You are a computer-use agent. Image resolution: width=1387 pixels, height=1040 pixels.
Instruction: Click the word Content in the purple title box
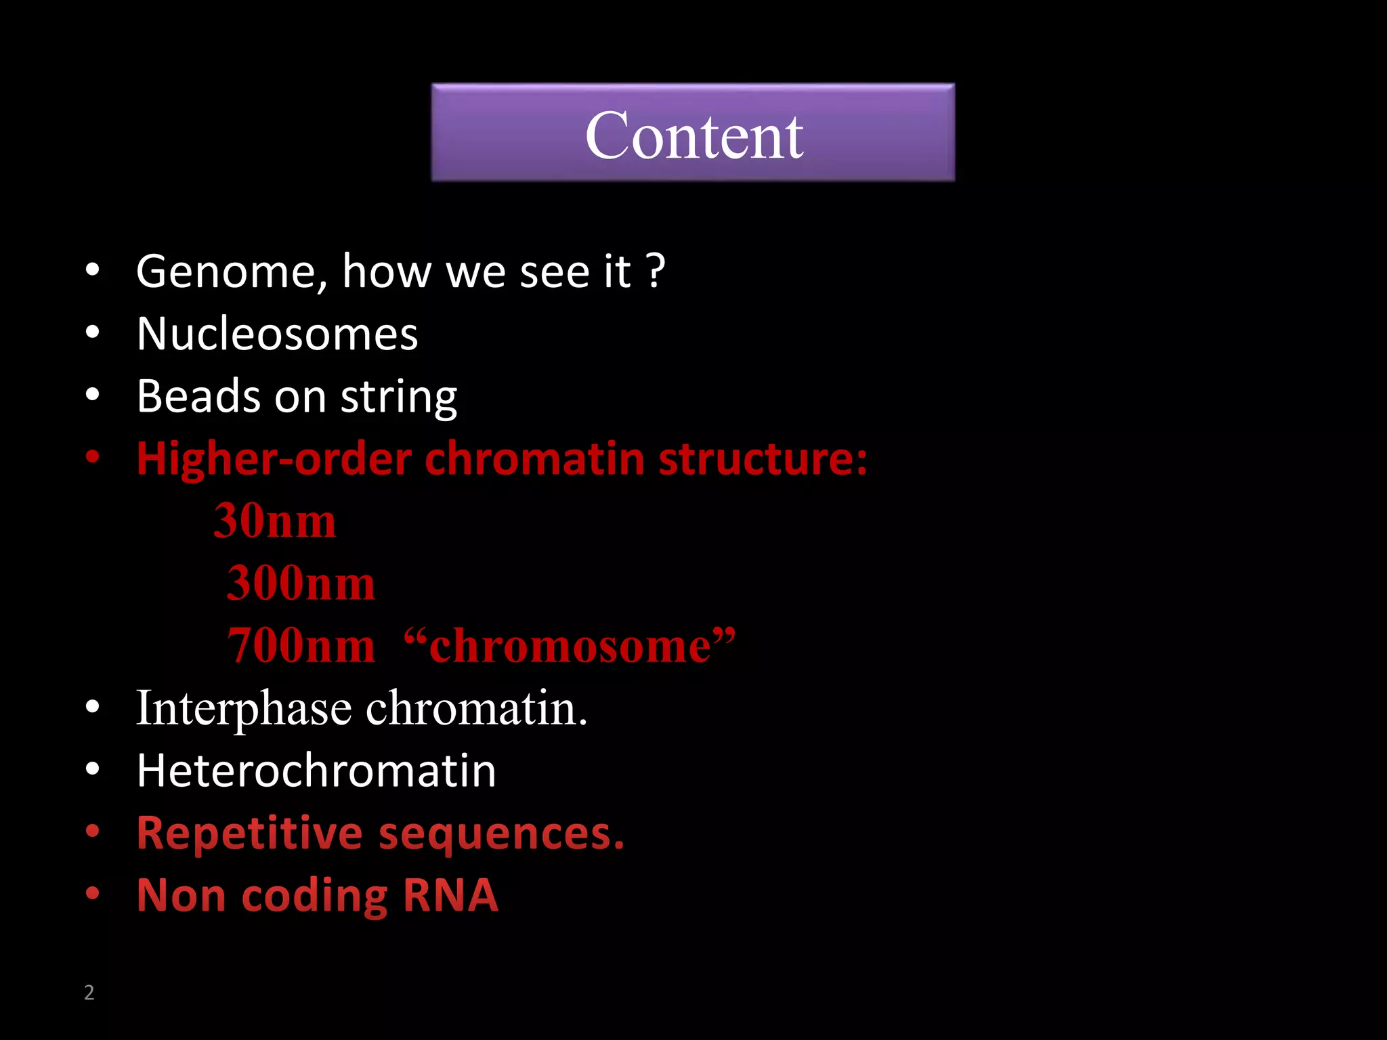[693, 136]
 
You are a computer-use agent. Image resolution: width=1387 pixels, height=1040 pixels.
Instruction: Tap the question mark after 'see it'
[656, 271]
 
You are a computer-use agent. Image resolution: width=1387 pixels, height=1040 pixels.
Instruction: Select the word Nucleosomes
[277, 334]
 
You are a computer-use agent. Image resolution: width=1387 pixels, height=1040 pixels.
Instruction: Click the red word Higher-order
[274, 459]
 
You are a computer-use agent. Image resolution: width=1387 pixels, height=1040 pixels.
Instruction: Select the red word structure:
[763, 459]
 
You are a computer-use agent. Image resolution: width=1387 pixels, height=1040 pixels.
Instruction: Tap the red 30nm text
[274, 521]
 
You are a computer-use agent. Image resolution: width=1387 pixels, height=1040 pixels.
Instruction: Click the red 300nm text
[300, 584]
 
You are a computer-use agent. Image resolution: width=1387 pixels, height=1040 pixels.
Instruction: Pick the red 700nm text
[300, 646]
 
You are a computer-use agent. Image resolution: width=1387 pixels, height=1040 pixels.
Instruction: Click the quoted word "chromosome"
[569, 646]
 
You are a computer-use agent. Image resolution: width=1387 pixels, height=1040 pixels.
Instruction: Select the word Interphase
[244, 710]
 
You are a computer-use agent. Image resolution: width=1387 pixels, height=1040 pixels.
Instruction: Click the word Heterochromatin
[316, 771]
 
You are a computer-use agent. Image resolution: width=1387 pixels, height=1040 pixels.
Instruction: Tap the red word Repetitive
[249, 833]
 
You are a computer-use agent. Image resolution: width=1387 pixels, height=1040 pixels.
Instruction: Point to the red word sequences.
[500, 833]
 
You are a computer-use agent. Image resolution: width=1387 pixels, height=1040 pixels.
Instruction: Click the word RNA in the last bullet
[450, 896]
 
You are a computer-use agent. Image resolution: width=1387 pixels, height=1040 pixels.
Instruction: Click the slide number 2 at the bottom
[89, 993]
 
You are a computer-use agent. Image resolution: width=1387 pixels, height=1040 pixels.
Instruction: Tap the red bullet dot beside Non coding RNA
[93, 894]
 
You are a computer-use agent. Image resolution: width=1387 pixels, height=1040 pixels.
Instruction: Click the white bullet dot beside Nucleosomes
[93, 332]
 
